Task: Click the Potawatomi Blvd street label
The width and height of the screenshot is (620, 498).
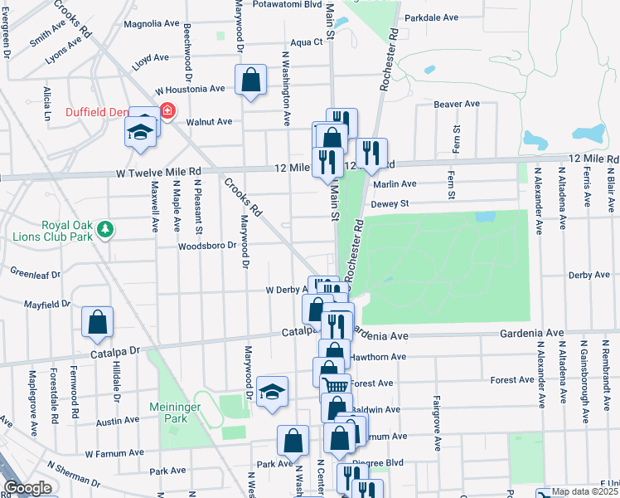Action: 265,4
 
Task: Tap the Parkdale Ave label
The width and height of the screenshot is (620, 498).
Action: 429,17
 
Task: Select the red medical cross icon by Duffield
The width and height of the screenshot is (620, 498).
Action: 167,110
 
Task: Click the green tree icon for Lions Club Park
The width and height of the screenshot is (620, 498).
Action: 104,227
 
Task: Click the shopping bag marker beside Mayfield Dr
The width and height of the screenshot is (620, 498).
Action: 98,322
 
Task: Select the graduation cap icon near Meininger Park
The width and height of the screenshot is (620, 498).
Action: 271,393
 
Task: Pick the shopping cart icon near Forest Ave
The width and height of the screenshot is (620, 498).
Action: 335,384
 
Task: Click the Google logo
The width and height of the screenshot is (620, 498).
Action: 27,489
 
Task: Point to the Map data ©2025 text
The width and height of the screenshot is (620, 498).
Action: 584,491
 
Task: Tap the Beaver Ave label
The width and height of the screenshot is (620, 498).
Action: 458,105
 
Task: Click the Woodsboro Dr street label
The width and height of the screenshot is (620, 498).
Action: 208,247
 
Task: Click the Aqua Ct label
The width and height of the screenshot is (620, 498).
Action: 306,41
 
